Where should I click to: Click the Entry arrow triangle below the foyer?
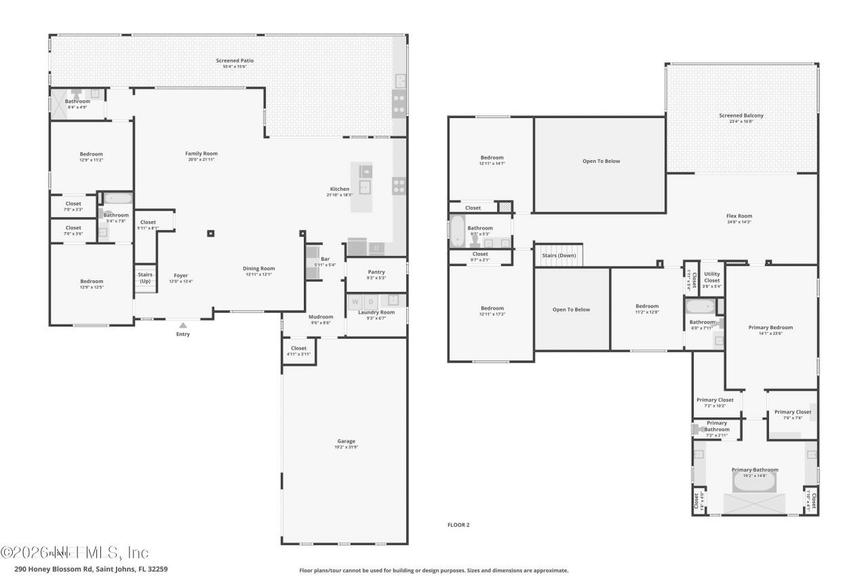(182, 325)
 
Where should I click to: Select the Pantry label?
(376, 272)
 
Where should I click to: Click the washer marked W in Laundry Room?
(355, 301)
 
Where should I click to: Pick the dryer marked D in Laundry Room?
(371, 301)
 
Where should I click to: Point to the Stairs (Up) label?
(145, 278)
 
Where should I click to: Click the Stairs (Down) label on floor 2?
(559, 255)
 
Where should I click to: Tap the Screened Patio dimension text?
(235, 67)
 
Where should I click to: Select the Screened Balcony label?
(741, 115)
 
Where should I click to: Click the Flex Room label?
(739, 216)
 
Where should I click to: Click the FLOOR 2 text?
(458, 525)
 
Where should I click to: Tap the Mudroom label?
(321, 316)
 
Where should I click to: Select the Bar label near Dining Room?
(325, 259)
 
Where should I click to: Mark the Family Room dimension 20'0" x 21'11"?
(201, 160)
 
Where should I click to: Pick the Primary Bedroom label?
(770, 327)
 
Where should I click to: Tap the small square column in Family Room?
(210, 234)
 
